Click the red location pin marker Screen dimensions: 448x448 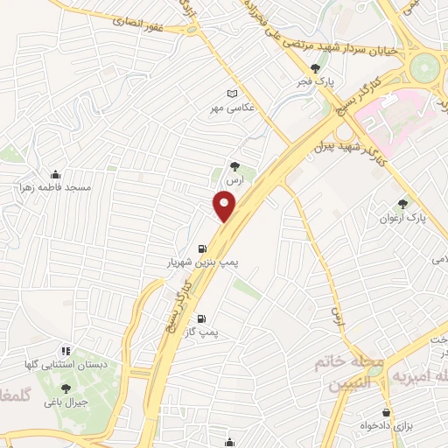(225, 207)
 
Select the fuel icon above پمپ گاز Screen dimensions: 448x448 (203, 319)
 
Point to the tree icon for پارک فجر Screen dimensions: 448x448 (316, 68)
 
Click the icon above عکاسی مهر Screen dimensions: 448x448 (232, 94)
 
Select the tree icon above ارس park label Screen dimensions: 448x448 (234, 164)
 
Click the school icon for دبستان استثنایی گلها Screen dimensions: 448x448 (66, 351)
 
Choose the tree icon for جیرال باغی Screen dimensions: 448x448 (66, 388)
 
